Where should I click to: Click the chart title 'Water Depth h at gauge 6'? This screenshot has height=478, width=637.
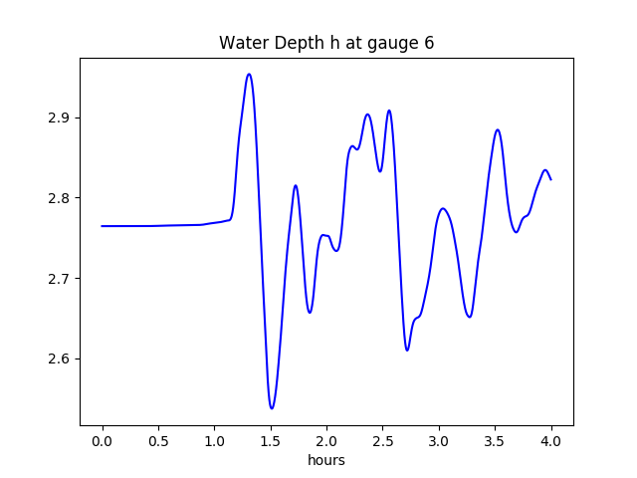click(x=326, y=43)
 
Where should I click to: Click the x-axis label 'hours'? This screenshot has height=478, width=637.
click(x=326, y=461)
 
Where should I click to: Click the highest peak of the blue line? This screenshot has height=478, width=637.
click(x=249, y=74)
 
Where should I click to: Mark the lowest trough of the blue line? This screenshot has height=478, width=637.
click(x=272, y=408)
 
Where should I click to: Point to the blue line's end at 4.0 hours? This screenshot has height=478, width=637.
click(x=550, y=179)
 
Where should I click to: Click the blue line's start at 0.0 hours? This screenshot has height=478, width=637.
click(x=103, y=226)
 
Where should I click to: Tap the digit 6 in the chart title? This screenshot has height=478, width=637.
click(x=429, y=43)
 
